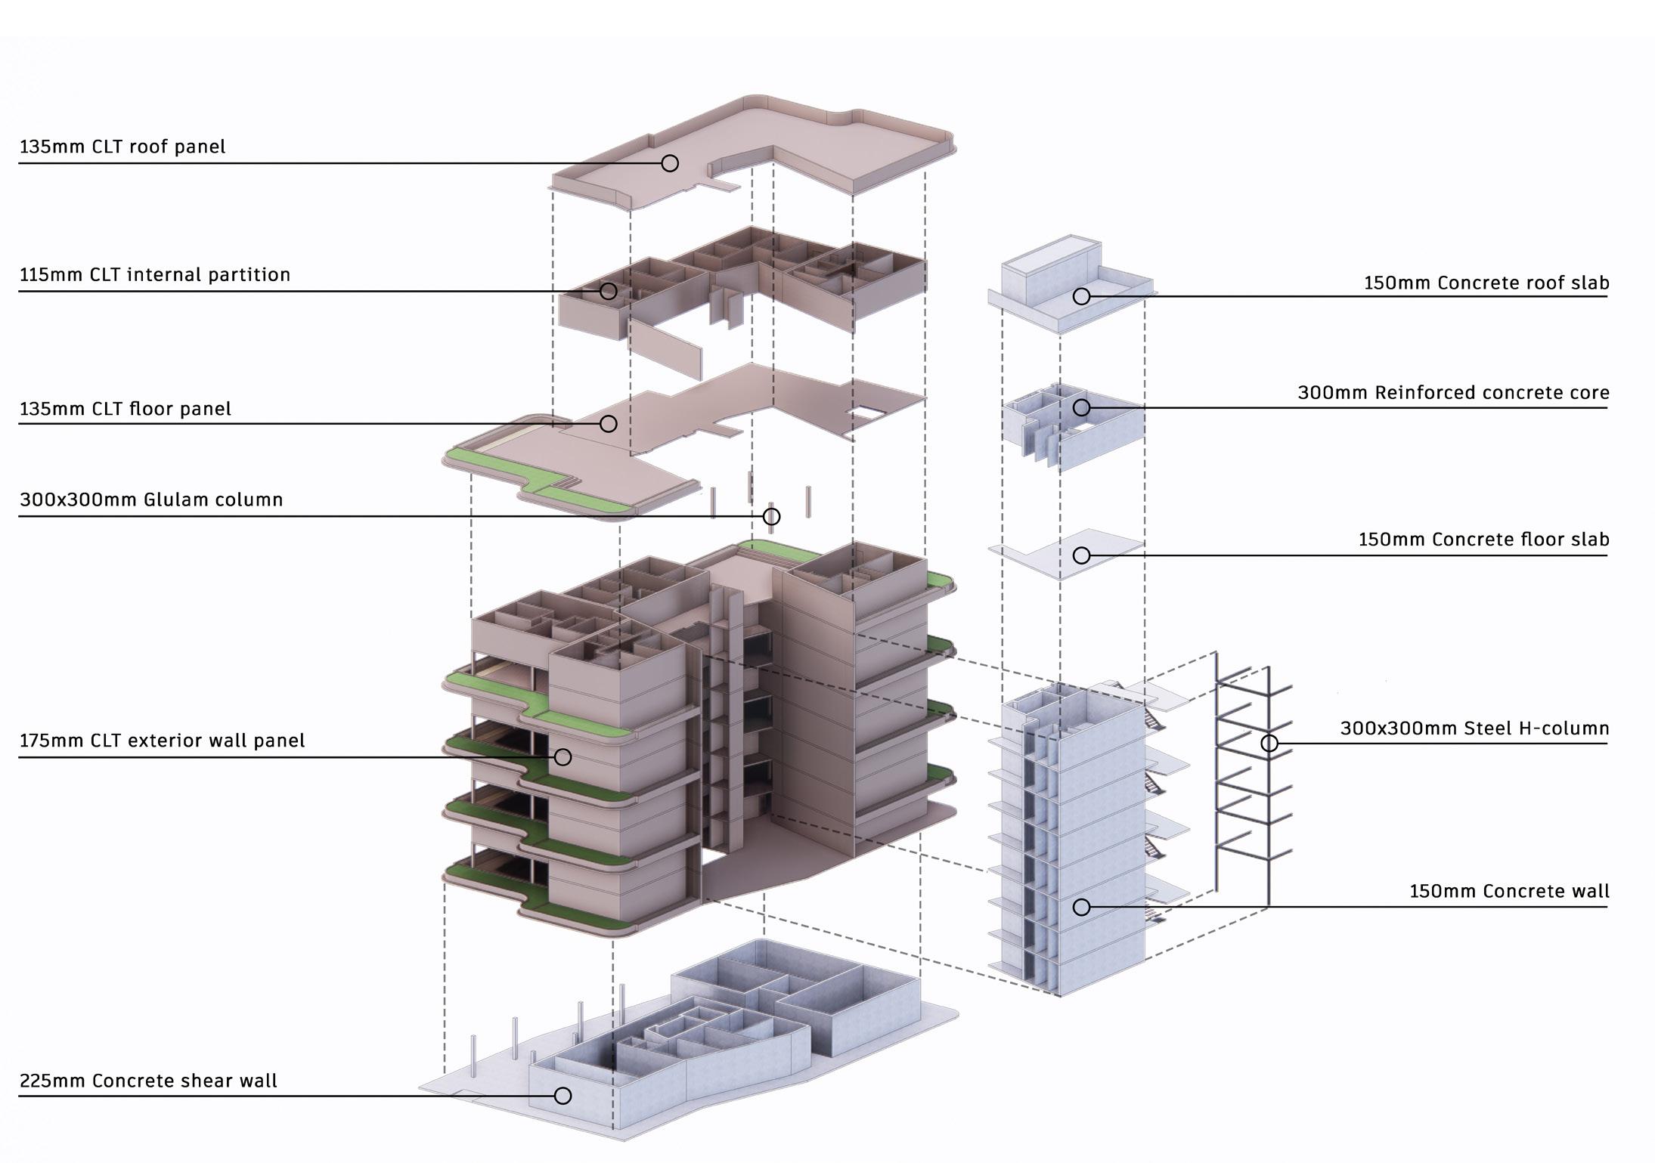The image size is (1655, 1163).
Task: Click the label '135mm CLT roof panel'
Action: [122, 147]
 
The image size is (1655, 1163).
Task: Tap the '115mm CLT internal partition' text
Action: [155, 274]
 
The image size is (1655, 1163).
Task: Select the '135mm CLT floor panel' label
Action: [126, 409]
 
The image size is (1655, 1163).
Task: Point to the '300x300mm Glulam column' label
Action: [151, 500]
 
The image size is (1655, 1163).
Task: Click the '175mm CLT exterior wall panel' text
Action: [163, 741]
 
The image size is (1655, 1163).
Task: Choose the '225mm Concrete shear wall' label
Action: [148, 1081]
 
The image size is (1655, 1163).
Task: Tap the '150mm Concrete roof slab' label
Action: [1486, 283]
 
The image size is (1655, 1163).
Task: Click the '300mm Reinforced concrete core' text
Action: [1453, 393]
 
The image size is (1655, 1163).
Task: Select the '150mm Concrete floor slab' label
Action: [1483, 540]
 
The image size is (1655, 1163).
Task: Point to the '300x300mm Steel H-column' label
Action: [1474, 728]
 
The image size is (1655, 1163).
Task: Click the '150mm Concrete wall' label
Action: [1509, 891]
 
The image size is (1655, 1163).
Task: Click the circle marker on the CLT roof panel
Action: [670, 163]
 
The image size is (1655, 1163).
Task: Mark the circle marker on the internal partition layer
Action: [609, 291]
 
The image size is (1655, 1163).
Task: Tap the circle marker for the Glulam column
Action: [771, 517]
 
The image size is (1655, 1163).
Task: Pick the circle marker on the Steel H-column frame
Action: [1269, 744]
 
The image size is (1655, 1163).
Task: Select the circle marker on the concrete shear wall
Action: [563, 1096]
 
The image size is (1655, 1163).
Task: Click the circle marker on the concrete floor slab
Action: [1082, 555]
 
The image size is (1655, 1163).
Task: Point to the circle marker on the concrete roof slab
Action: [1082, 297]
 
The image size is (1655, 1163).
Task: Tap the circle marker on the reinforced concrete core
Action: [1082, 408]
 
